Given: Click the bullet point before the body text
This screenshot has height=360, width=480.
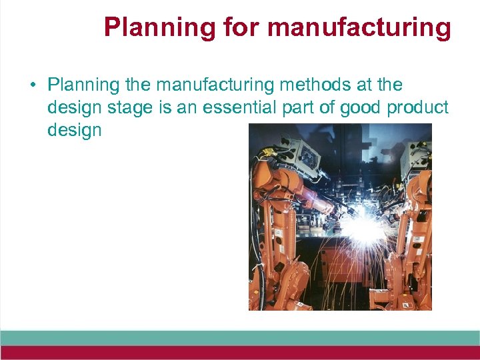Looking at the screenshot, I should click(31, 86).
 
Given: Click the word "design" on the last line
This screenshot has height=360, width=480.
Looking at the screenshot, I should click(74, 129).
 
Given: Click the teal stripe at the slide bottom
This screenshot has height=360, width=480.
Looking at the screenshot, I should click(240, 337).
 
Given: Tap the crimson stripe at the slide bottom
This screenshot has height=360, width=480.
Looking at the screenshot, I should click(240, 353).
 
